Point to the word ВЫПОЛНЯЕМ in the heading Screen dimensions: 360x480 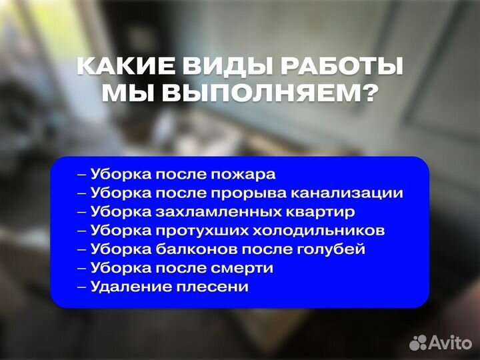point(257,94)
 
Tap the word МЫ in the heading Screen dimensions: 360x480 point(126,94)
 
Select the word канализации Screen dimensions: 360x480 point(355,193)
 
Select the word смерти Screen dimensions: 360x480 point(243,268)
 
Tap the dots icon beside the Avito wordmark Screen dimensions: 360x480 point(418,342)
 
